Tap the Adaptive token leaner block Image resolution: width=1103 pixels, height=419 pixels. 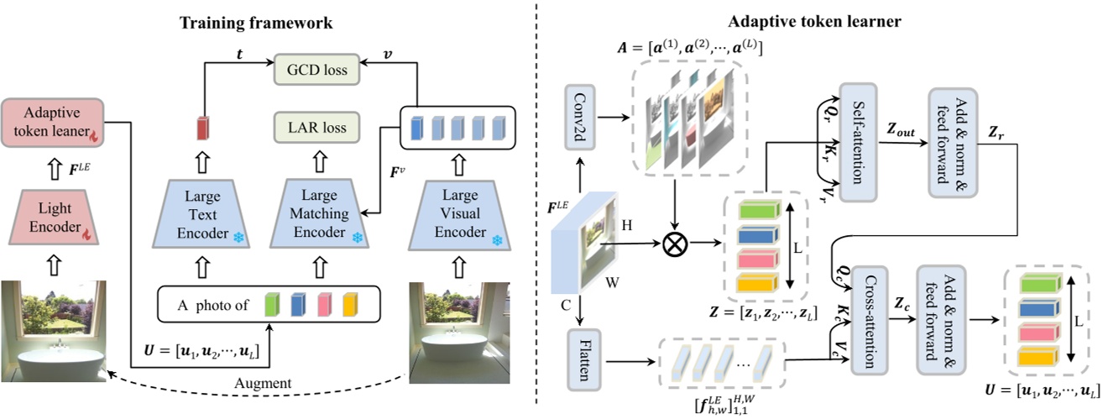tap(52, 124)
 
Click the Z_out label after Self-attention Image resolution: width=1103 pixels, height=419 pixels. tap(902, 127)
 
